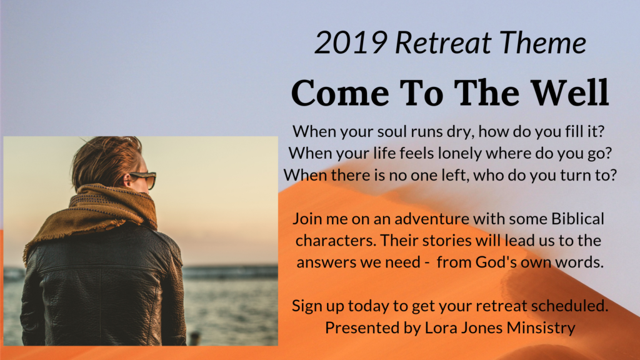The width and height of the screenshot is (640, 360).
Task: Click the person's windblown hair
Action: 103,159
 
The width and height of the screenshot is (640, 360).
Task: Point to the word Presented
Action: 355,327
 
